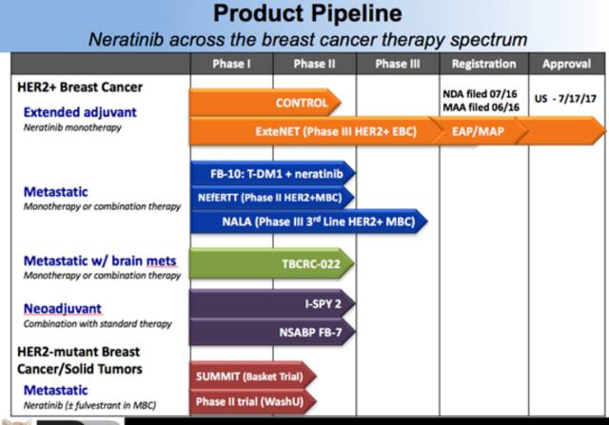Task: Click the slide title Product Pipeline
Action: [x=307, y=13]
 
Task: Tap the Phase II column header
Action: [x=313, y=64]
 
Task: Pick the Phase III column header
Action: [x=397, y=64]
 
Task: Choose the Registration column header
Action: [x=482, y=64]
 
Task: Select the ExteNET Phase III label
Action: [x=328, y=131]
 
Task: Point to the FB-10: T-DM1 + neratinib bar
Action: [x=271, y=174]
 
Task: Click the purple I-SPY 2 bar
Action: [x=271, y=304]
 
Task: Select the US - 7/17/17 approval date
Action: [x=565, y=97]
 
